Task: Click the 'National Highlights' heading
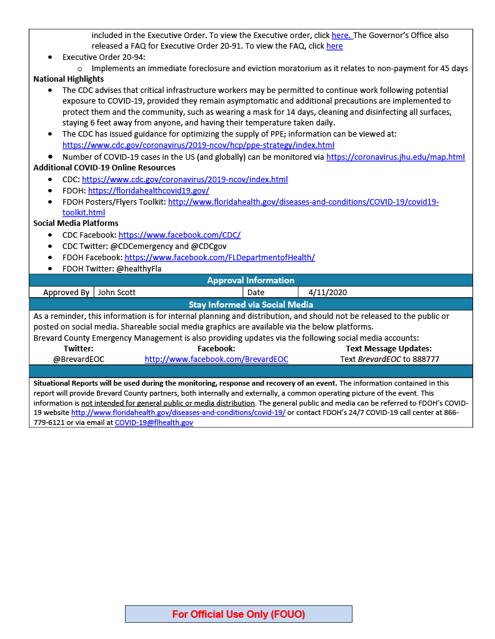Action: pyautogui.click(x=69, y=79)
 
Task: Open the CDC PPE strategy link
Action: pyautogui.click(x=198, y=145)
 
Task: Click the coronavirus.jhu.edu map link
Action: pyautogui.click(x=395, y=157)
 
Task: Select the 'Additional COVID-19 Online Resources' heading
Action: pyautogui.click(x=104, y=168)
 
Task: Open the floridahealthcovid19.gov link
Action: pyautogui.click(x=148, y=191)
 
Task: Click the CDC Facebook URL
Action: pyautogui.click(x=179, y=235)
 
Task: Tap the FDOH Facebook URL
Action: pyautogui.click(x=219, y=257)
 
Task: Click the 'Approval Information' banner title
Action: pyautogui.click(x=251, y=280)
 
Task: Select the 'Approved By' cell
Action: pyautogui.click(x=66, y=292)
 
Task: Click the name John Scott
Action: pyautogui.click(x=117, y=292)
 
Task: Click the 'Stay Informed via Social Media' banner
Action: pyautogui.click(x=251, y=305)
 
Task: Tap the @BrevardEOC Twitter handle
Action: pyautogui.click(x=79, y=359)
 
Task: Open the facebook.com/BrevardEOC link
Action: pyautogui.click(x=216, y=359)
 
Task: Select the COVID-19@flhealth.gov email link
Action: pyautogui.click(x=154, y=422)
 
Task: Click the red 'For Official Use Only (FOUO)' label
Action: pyautogui.click(x=239, y=614)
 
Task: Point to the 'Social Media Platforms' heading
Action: pyautogui.click(x=76, y=223)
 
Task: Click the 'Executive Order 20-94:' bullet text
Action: pyautogui.click(x=104, y=57)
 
